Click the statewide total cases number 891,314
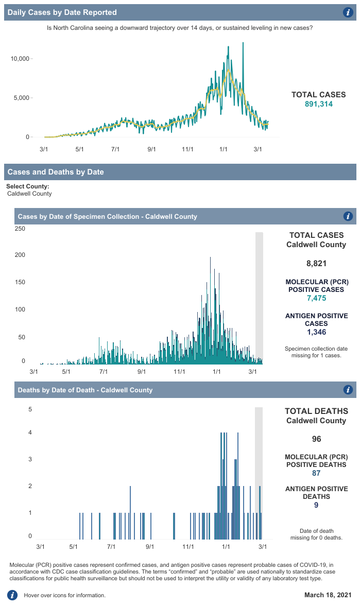(x=318, y=104)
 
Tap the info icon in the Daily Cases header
(x=348, y=12)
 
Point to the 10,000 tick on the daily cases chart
(x=20, y=59)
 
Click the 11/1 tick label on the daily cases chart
(x=187, y=149)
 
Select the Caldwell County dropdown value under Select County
(x=29, y=194)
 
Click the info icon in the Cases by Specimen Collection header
(x=348, y=216)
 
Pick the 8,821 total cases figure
(x=316, y=264)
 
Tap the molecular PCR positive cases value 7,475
(x=316, y=298)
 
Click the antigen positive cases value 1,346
(x=316, y=332)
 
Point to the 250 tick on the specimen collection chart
(x=20, y=229)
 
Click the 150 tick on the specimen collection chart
(x=20, y=283)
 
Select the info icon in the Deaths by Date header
(x=348, y=390)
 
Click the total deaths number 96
(x=316, y=439)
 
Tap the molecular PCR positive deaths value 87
(x=316, y=473)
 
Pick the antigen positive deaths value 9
(x=316, y=505)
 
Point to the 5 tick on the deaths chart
(x=30, y=410)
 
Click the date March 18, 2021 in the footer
(x=328, y=595)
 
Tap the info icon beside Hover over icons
(x=12, y=595)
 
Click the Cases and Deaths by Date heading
(x=56, y=172)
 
